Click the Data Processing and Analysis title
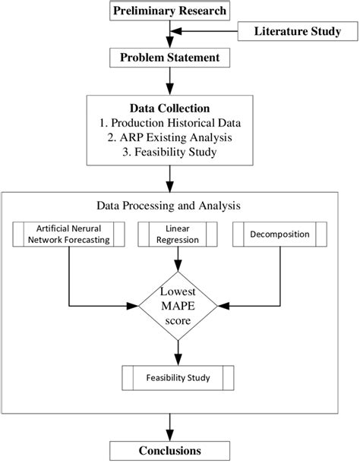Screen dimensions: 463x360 click(178, 205)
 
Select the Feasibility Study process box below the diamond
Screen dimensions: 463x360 click(178, 376)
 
